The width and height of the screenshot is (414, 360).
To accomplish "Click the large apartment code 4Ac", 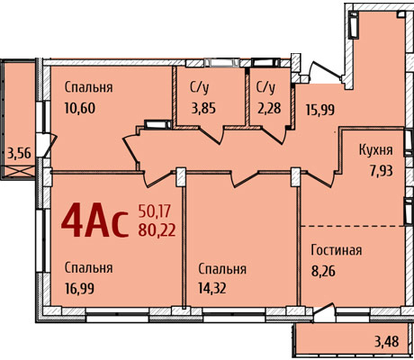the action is click(94, 220).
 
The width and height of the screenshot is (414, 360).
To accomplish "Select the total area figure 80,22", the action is click(157, 230).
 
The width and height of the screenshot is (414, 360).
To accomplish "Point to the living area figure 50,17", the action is click(154, 211).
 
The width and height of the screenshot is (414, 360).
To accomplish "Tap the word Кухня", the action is click(376, 150).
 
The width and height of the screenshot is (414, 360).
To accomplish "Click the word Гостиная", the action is click(336, 250).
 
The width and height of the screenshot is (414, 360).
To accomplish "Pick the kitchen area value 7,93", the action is click(381, 171).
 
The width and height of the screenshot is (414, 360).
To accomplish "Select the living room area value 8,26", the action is click(323, 271).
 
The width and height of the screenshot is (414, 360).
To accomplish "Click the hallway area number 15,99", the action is click(320, 110).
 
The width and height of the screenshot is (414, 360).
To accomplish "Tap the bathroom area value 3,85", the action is click(203, 108).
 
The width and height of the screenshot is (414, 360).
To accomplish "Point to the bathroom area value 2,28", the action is click(269, 108).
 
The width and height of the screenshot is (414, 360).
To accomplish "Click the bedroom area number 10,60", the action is click(80, 108).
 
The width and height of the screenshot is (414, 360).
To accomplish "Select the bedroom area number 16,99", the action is click(79, 288).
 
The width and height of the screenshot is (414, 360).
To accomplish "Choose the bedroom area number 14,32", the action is click(212, 288).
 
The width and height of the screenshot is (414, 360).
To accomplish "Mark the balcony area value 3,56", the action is click(19, 154).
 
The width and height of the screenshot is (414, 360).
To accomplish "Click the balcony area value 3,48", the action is click(387, 341).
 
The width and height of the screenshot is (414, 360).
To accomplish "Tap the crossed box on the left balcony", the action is click(19, 171).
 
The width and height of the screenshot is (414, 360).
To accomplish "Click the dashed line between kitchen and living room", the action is click(353, 226).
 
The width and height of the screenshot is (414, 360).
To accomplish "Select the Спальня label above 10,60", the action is click(88, 87).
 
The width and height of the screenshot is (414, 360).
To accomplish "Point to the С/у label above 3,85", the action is click(200, 88).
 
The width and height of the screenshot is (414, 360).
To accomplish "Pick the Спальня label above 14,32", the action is click(222, 269).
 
